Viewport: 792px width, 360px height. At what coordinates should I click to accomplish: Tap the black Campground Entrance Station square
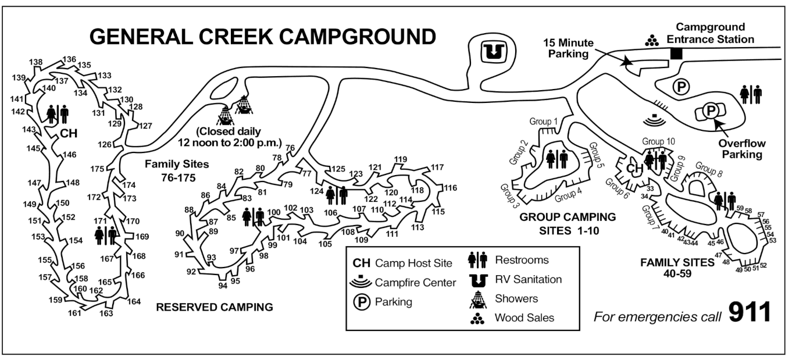click(676, 54)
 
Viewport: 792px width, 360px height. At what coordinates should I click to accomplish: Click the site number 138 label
click(35, 62)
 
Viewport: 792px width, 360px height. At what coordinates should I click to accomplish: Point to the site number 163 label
click(106, 313)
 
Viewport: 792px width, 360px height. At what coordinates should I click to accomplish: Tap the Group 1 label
click(543, 122)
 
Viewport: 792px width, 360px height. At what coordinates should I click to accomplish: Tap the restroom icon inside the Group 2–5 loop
click(556, 158)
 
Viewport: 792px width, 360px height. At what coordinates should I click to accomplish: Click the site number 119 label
click(400, 159)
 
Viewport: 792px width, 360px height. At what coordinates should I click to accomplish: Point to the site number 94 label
click(222, 285)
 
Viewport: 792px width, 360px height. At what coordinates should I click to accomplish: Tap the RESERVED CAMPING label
click(215, 306)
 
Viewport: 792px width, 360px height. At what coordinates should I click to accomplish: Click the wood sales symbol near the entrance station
click(651, 40)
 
